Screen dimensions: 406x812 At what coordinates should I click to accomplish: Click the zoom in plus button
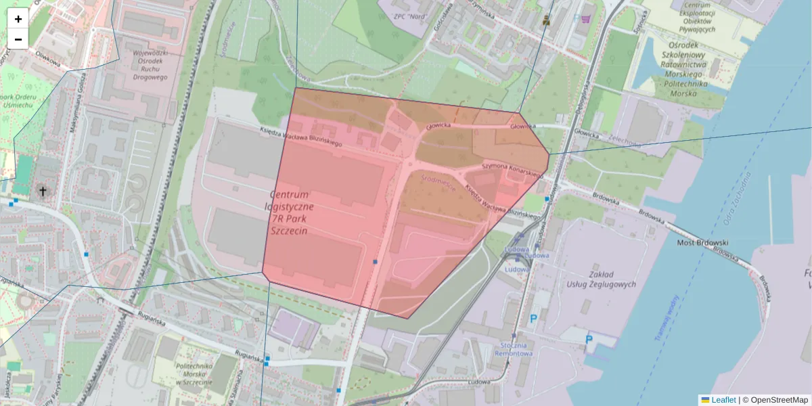tap(18, 19)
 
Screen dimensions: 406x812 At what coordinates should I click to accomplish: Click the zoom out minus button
tap(18, 39)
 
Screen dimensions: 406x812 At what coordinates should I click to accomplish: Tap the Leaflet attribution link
tap(723, 400)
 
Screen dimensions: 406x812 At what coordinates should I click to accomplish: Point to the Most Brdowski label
tap(702, 242)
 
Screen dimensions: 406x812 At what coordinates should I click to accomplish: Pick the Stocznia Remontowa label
tap(514, 348)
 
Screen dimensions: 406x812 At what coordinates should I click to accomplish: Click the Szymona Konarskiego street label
tap(512, 170)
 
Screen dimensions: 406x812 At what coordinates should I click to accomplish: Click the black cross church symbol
tap(43, 191)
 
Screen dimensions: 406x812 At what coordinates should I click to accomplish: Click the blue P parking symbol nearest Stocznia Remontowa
tap(534, 318)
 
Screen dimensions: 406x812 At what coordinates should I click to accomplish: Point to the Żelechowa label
tap(623, 141)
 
